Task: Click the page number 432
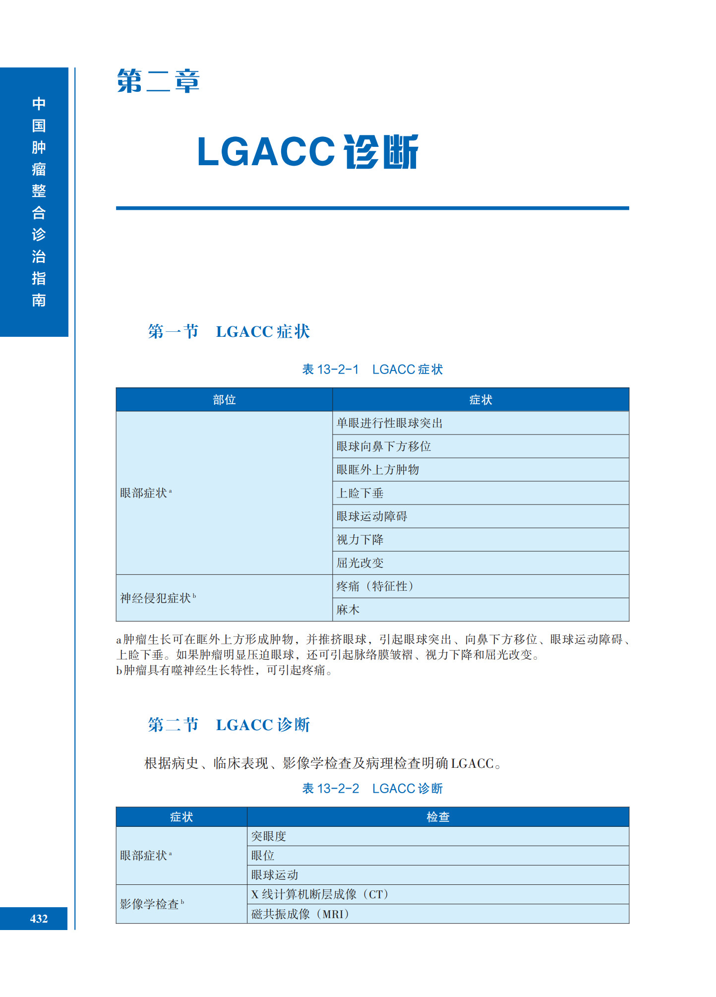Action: click(39, 919)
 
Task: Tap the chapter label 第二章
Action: click(158, 81)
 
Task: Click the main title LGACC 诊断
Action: click(307, 152)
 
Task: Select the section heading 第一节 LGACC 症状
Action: click(229, 331)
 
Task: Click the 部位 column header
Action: click(224, 400)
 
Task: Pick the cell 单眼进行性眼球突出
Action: click(389, 423)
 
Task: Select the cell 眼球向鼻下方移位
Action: click(383, 446)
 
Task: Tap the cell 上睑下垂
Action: click(360, 493)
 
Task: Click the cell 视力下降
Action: click(360, 540)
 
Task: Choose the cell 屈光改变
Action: click(360, 563)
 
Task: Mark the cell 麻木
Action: click(348, 610)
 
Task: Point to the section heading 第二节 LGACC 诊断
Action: click(229, 725)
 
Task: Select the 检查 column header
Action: click(438, 817)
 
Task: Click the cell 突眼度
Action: click(269, 836)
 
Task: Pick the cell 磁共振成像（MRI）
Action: click(300, 914)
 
